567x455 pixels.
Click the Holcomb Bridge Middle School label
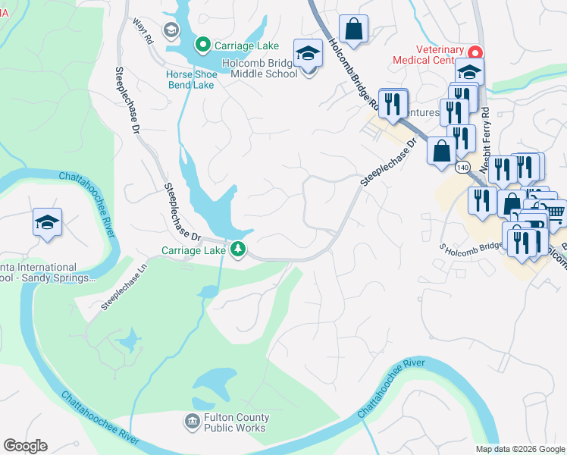[x=264, y=68]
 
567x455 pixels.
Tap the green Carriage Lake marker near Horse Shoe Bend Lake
[x=202, y=45]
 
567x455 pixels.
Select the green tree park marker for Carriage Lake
[x=238, y=249]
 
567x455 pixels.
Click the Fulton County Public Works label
[x=235, y=422]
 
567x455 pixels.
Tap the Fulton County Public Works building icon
[x=192, y=420]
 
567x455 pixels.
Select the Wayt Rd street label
[x=146, y=31]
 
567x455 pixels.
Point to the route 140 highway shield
[x=464, y=166]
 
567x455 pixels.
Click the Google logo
[x=25, y=446]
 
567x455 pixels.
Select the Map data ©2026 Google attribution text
[x=520, y=448]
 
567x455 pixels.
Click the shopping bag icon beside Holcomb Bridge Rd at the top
[x=353, y=30]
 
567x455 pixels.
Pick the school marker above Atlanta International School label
[x=47, y=222]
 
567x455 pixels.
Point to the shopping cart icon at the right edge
[x=556, y=212]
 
